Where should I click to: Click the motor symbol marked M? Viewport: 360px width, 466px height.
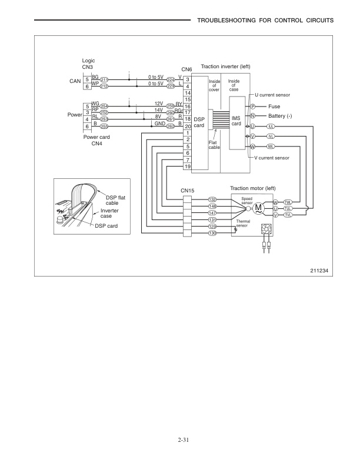pyautogui.click(x=259, y=208)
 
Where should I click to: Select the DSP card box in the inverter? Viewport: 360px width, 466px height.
pyautogui.click(x=199, y=122)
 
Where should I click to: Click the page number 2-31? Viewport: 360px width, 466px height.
pyautogui.click(x=180, y=439)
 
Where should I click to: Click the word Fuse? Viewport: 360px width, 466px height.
pyautogui.click(x=274, y=106)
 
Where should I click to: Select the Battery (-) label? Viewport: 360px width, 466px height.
pyautogui.click(x=280, y=116)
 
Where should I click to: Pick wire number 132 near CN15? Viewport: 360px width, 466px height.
pyautogui.click(x=212, y=199)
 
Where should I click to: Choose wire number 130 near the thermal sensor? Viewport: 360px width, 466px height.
pyautogui.click(x=212, y=234)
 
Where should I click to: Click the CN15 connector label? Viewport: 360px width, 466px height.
pyautogui.click(x=188, y=190)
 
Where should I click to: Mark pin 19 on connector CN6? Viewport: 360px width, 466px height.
pyautogui.click(x=187, y=167)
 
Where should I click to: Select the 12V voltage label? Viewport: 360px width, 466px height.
pyautogui.click(x=158, y=103)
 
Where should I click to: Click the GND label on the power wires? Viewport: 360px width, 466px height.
pyautogui.click(x=159, y=123)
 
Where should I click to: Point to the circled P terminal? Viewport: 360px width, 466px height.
pyautogui.click(x=252, y=106)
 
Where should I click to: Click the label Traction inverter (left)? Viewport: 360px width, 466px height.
pyautogui.click(x=226, y=66)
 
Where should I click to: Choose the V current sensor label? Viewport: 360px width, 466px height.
pyautogui.click(x=271, y=158)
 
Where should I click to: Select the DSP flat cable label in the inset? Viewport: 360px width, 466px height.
pyautogui.click(x=115, y=199)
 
